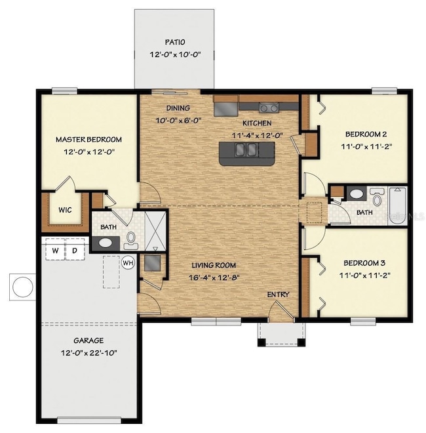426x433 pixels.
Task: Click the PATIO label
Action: (175, 42)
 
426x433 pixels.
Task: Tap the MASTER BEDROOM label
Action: (88, 140)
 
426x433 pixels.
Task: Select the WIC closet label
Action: (65, 210)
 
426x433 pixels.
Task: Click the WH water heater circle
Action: (128, 262)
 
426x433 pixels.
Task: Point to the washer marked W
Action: (55, 250)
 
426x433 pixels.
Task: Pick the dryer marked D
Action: (75, 250)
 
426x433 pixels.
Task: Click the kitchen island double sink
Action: (246, 150)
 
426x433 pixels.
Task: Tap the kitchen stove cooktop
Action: (269, 108)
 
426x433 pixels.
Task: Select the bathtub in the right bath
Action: (397, 206)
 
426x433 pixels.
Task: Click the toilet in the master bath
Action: (131, 240)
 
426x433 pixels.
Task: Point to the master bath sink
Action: (106, 243)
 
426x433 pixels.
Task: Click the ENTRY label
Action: (278, 295)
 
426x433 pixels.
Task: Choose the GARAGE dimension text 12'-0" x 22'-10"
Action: (89, 353)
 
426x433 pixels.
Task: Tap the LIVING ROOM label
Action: (214, 266)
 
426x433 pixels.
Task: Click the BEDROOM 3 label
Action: (364, 263)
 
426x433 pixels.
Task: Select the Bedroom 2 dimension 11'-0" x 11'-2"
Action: (366, 146)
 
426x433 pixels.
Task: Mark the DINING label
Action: (178, 108)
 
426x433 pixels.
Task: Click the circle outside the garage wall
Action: (23, 287)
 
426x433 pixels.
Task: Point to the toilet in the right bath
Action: (377, 196)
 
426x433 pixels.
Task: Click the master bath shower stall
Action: (155, 232)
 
